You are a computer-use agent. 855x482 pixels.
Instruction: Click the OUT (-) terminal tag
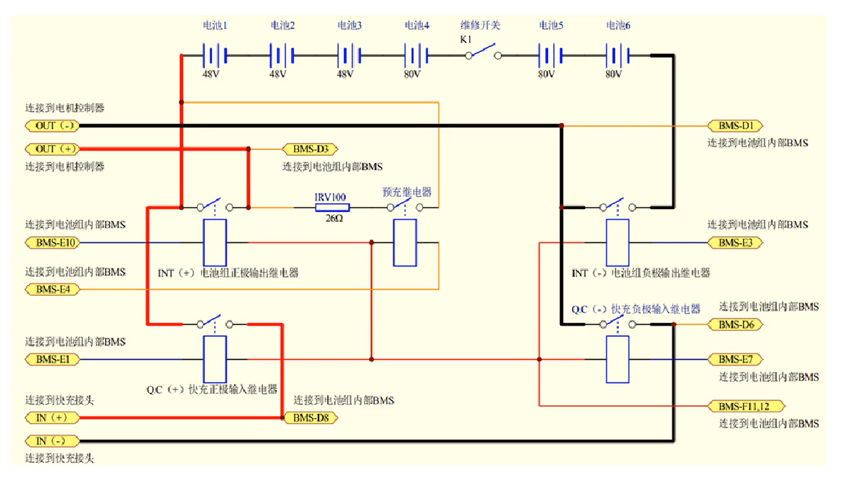52,126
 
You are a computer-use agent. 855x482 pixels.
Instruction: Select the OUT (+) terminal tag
52,149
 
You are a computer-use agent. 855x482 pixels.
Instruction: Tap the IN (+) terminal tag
52,418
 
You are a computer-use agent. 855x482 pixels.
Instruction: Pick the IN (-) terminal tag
52,441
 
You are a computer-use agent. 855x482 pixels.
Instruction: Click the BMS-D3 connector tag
311,149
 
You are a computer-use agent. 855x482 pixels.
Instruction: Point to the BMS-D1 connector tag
735,126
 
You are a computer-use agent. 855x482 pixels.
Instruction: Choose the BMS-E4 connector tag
52,289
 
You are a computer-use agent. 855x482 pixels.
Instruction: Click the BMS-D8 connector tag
311,418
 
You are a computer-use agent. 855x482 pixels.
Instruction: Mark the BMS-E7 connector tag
735,360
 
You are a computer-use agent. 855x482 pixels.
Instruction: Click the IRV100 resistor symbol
332,208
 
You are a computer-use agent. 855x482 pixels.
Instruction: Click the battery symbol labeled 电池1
215,55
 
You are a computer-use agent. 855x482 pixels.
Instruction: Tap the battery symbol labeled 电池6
617,55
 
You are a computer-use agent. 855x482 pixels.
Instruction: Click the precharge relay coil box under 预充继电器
405,243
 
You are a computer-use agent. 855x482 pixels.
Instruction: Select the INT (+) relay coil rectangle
215,242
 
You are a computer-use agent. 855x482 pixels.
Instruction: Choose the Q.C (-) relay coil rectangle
617,360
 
